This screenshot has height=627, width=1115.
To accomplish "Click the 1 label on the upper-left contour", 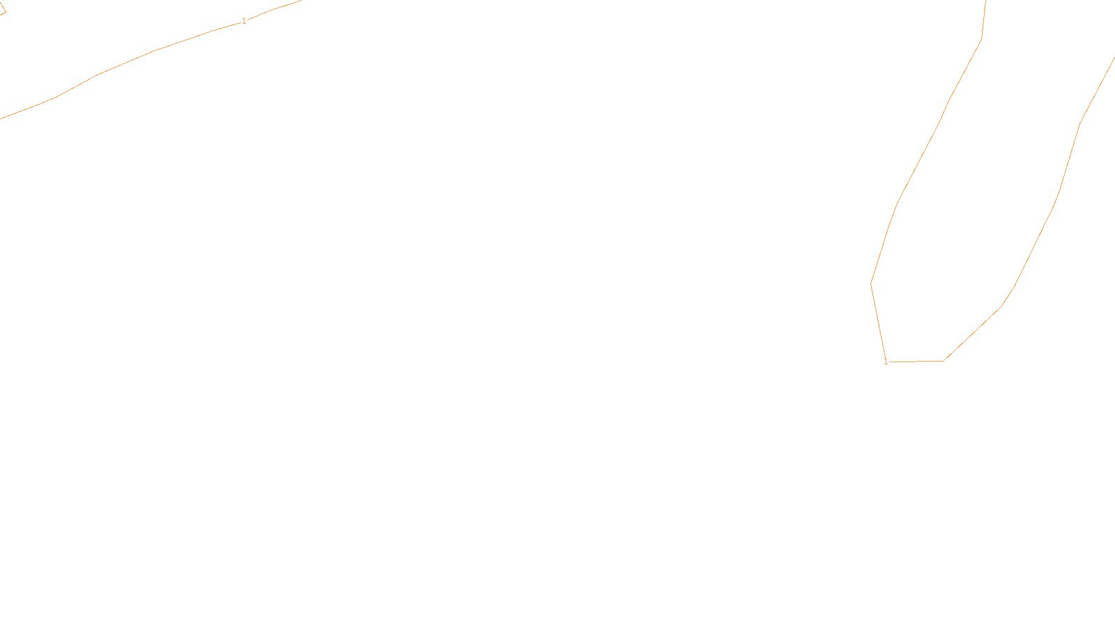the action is pos(244,22).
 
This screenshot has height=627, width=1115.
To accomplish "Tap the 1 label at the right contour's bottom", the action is pos(886,362).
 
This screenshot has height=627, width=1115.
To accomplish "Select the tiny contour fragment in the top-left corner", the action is pos(3,12).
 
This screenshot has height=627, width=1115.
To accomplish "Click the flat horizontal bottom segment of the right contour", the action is pos(915,362).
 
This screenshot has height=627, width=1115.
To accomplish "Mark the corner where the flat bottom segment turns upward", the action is pos(943,361).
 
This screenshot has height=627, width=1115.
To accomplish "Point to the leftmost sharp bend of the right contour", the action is pos(871,283).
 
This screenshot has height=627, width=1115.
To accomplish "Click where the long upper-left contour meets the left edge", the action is pos(1,118).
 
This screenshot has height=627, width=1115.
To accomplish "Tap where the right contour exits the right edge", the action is pos(1113,59).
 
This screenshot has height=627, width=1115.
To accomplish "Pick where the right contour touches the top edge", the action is pos(985,1).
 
